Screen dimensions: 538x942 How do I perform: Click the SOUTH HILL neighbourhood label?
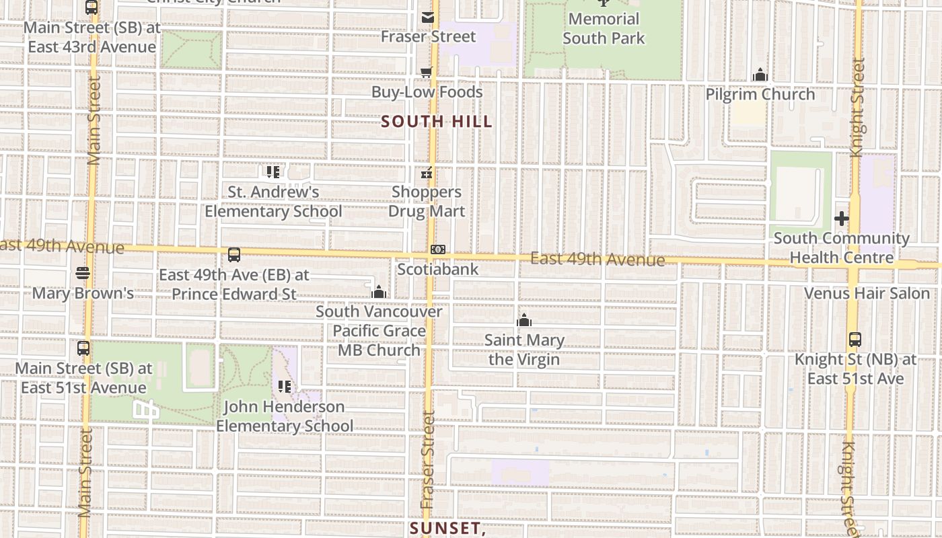pyautogui.click(x=437, y=122)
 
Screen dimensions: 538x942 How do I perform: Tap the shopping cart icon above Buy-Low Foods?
pyautogui.click(x=426, y=73)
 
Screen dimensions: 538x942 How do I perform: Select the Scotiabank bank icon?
pyautogui.click(x=438, y=250)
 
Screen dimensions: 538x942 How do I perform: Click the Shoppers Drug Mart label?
pyautogui.click(x=427, y=202)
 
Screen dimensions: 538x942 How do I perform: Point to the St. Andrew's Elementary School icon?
pyautogui.click(x=273, y=172)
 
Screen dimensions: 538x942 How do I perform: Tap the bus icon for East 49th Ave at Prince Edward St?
pyautogui.click(x=234, y=255)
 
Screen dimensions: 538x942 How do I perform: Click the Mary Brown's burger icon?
pyautogui.click(x=83, y=273)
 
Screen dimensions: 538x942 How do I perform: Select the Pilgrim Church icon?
pyautogui.click(x=760, y=75)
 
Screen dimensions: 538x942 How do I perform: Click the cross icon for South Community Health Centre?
pyautogui.click(x=841, y=219)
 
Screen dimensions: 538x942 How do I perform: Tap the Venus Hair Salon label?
pyautogui.click(x=867, y=293)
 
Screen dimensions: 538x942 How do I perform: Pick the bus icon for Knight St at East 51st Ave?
pyautogui.click(x=855, y=340)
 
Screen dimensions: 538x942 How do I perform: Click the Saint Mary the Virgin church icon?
pyautogui.click(x=524, y=321)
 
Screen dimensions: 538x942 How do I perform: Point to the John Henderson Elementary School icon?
pyautogui.click(x=285, y=387)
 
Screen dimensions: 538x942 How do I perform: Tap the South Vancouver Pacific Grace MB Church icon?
pyautogui.click(x=379, y=292)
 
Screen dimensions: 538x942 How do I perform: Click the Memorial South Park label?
pyautogui.click(x=604, y=28)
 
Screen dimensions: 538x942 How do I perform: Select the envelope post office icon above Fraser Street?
pyautogui.click(x=427, y=17)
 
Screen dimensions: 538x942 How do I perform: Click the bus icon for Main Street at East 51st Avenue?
pyautogui.click(x=83, y=348)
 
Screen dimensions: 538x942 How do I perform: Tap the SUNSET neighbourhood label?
pyautogui.click(x=448, y=528)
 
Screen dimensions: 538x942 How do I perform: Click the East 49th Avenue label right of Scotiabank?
pyautogui.click(x=597, y=259)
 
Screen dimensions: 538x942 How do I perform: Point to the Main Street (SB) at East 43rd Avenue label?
pyautogui.click(x=92, y=38)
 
